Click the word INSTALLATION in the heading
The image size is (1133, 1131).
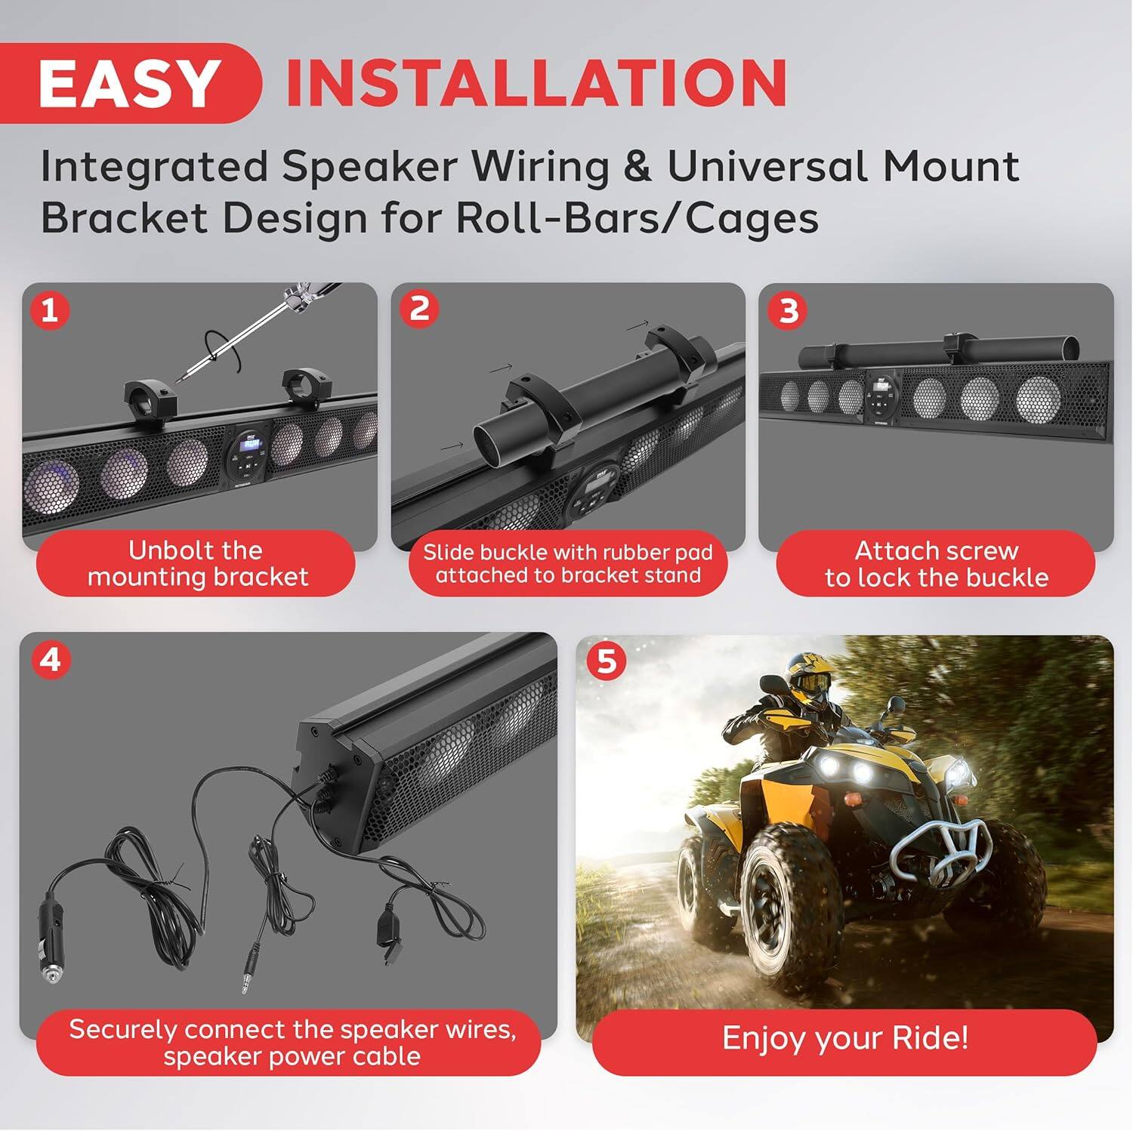point(536,83)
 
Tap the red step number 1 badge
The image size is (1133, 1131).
point(50,310)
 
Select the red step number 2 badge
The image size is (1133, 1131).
point(419,309)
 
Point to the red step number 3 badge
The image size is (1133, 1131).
point(789,310)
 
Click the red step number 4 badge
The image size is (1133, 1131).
point(50,660)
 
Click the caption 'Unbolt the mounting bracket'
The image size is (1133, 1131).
point(196,563)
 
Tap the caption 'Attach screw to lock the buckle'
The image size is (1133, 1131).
point(936,563)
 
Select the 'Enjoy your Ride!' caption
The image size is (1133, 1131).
point(844,1038)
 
